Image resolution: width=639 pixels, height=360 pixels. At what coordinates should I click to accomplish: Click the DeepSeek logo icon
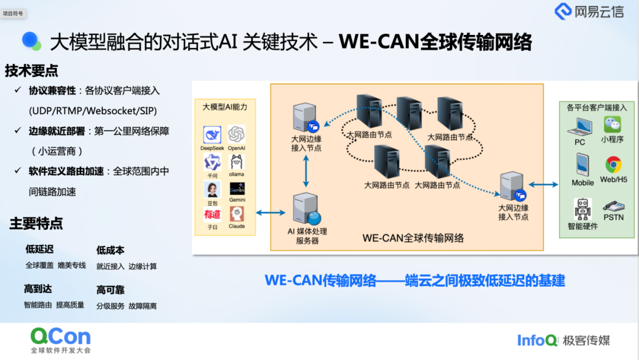tap(212, 134)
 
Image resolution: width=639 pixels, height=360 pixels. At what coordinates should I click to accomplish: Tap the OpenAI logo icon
tap(237, 134)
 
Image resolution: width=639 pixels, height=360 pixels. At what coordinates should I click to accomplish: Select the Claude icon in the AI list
tap(237, 214)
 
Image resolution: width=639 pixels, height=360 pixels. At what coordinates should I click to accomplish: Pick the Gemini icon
tap(237, 189)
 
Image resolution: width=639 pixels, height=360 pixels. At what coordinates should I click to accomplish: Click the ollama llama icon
tap(237, 162)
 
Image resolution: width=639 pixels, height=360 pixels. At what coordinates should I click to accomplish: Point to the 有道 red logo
tap(212, 214)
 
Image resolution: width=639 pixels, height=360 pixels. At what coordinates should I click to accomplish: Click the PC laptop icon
tap(580, 127)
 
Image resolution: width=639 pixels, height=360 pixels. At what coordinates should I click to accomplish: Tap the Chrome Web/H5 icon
tap(613, 165)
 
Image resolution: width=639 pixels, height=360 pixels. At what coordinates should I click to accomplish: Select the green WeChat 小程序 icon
tap(612, 124)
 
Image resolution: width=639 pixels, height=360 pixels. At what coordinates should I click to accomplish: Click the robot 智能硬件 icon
tap(582, 209)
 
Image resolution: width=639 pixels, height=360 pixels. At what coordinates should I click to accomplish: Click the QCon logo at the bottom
tap(61, 337)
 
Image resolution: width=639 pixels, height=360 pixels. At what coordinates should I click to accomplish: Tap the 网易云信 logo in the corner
tap(589, 11)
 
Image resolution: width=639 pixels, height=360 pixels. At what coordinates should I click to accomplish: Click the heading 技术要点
tap(31, 71)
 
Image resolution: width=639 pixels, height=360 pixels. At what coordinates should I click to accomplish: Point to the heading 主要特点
tap(36, 223)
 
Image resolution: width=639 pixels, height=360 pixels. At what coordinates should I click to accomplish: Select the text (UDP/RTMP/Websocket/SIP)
tap(93, 111)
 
